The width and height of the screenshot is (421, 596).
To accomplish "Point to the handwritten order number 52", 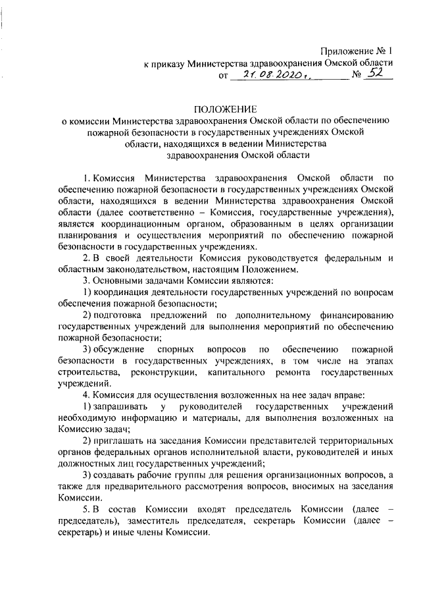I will pyautogui.click(x=377, y=75).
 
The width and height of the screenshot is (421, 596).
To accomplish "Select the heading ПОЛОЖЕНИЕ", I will pyautogui.click(x=226, y=109).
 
